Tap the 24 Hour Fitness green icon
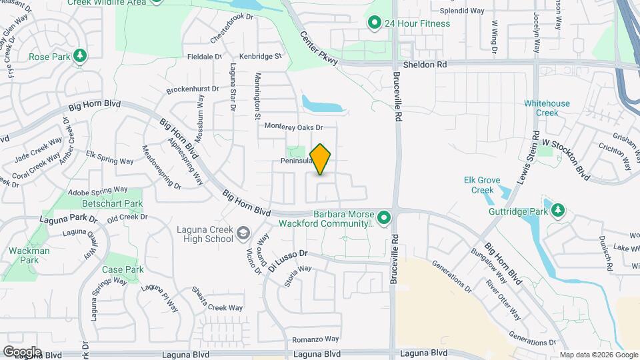375,23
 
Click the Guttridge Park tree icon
558,211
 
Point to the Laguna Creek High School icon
243,233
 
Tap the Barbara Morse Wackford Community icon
383,217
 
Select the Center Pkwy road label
318,48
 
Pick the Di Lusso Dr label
289,259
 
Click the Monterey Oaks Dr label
293,127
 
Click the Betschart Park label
112,203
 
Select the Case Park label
123,270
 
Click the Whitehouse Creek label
547,108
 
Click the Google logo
22,351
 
